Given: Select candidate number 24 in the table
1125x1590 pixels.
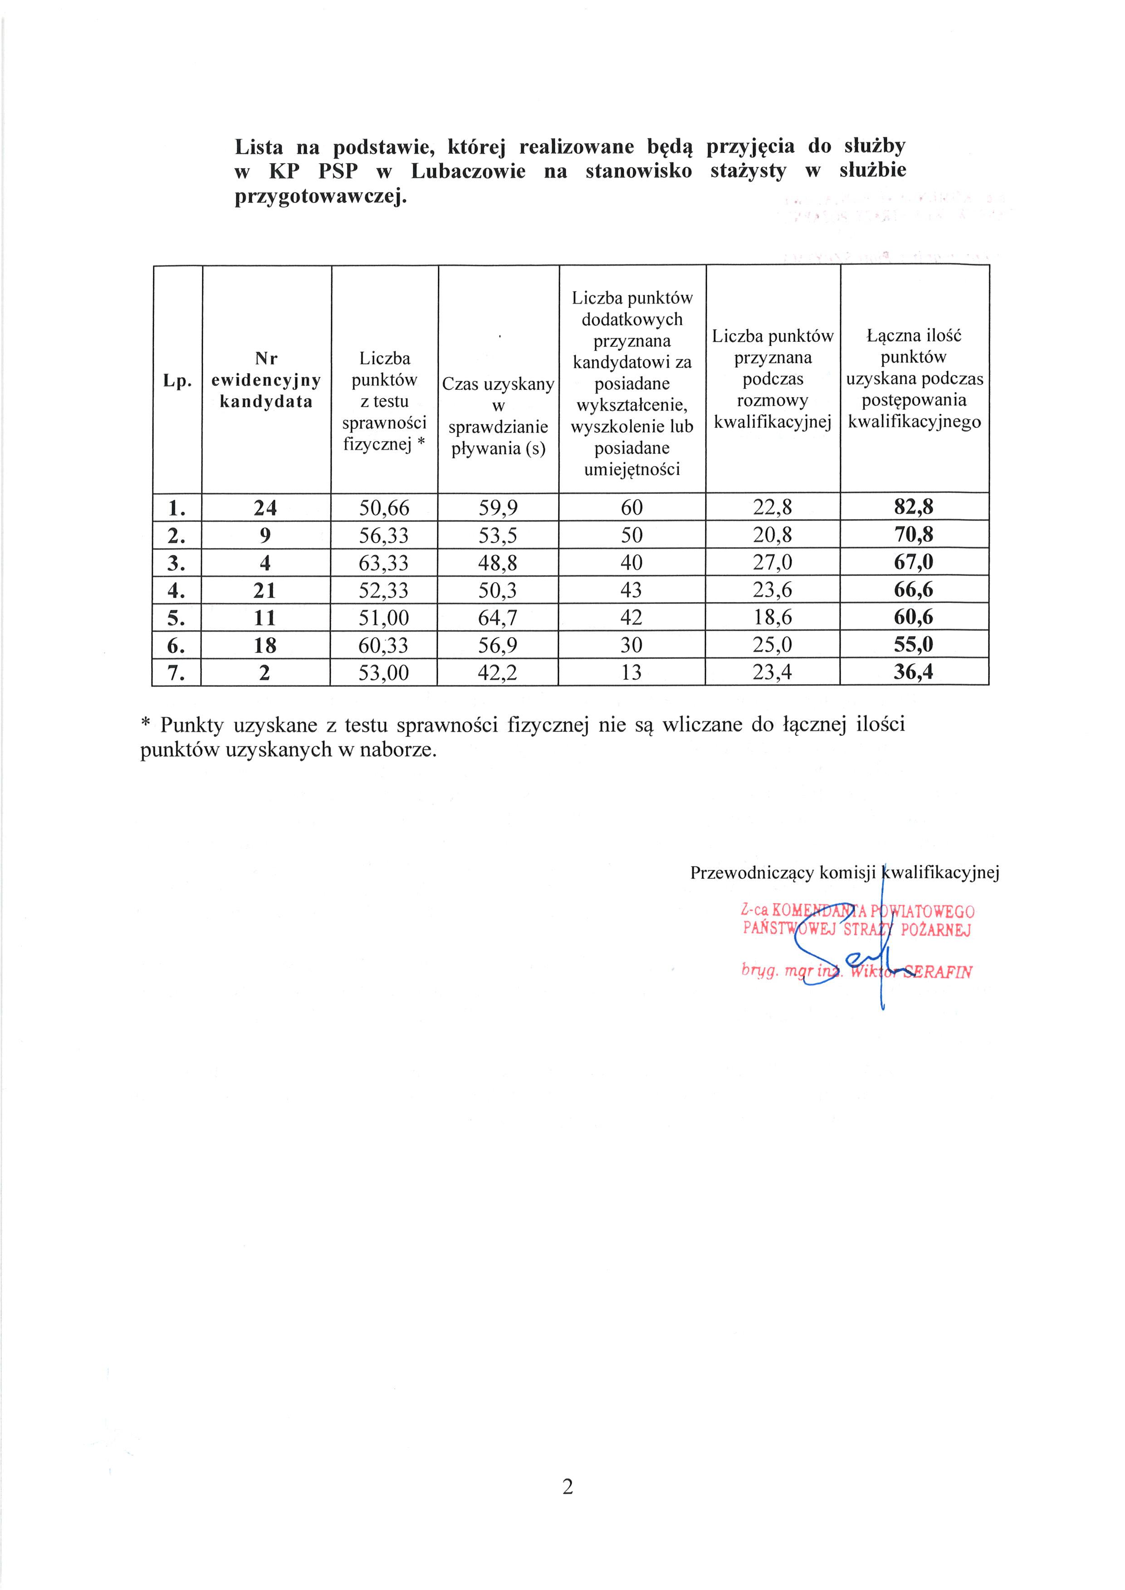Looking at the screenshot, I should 265,508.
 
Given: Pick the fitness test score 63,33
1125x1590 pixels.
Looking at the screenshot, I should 384,563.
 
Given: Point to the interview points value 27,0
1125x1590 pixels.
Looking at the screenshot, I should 773,562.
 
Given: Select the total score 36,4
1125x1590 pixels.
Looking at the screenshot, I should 913,672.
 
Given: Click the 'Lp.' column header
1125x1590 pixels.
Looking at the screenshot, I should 177,380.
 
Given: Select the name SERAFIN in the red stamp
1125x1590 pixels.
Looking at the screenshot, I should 939,972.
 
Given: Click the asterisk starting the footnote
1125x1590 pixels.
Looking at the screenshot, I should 146,724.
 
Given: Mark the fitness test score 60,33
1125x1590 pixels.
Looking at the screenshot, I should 384,646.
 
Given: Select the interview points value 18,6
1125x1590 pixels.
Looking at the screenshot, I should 773,617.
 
